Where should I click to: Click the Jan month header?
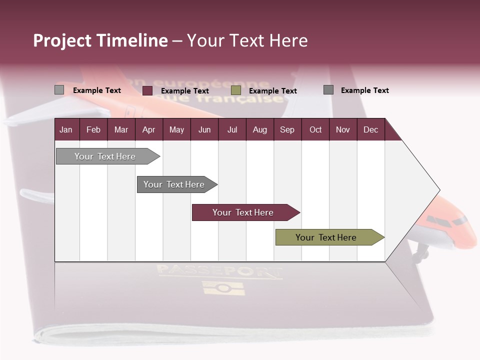(x=66, y=130)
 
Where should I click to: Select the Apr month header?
(x=148, y=130)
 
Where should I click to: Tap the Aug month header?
(x=259, y=130)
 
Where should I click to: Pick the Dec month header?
(x=370, y=130)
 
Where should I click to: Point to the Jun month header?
(x=204, y=130)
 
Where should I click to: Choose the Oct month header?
(x=315, y=130)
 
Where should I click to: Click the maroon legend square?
(x=147, y=90)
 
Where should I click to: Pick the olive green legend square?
(x=236, y=90)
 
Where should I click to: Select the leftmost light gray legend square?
(x=59, y=90)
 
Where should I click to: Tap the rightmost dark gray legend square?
(x=328, y=90)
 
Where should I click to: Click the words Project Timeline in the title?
(x=100, y=40)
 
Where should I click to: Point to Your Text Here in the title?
(x=247, y=40)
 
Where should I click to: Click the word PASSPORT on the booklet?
(x=220, y=272)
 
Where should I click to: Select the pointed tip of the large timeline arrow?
(x=438, y=190)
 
